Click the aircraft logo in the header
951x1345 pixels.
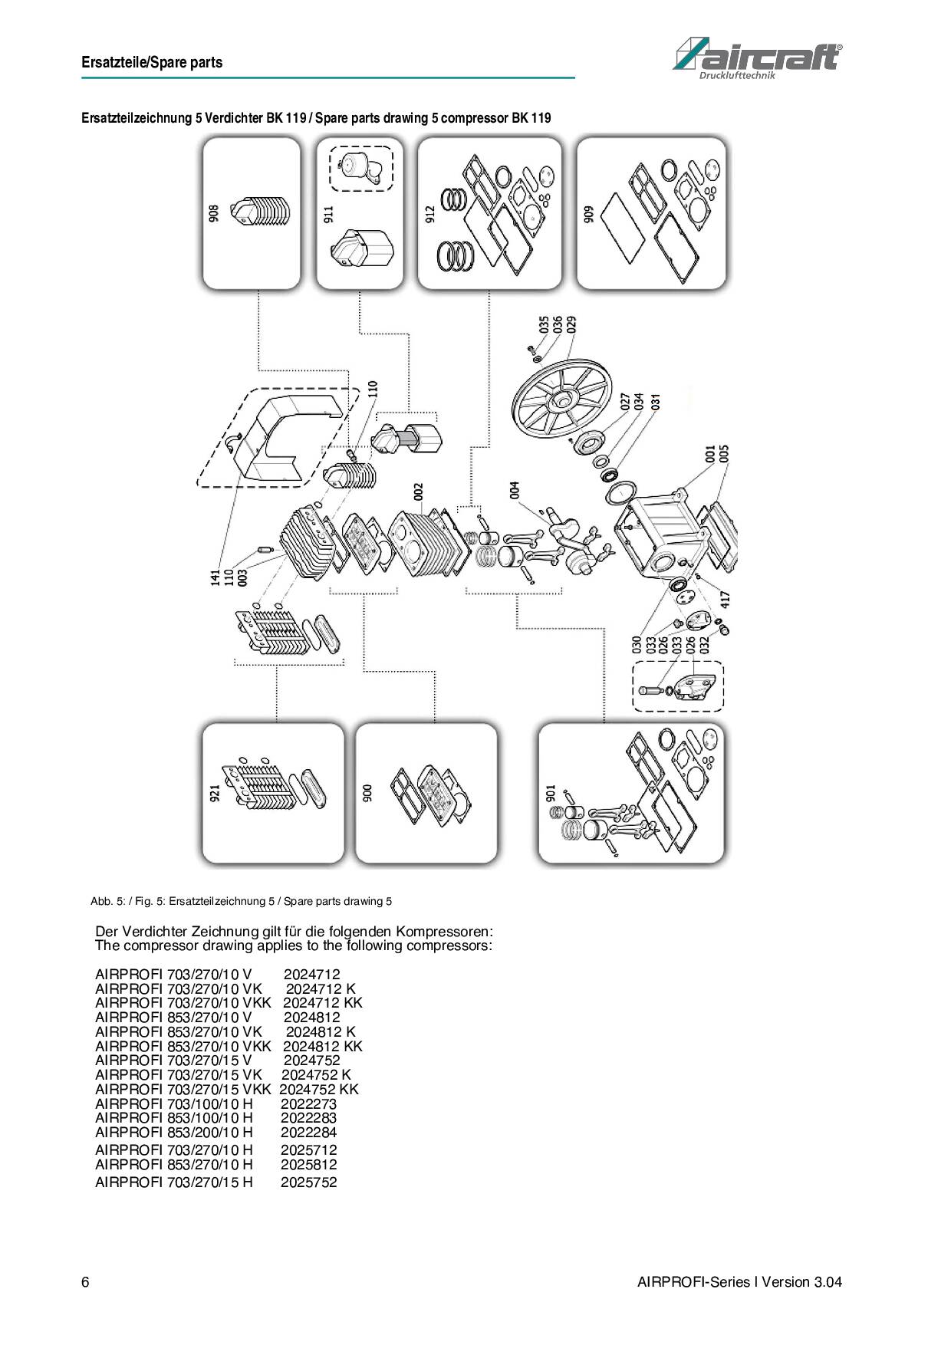[757, 58]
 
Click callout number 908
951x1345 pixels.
[214, 213]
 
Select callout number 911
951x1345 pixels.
[329, 214]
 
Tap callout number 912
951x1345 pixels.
[430, 214]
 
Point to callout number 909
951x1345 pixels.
[589, 214]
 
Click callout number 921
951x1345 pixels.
[215, 793]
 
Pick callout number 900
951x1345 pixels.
[367, 793]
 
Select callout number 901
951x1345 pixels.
[551, 793]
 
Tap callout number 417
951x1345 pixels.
[726, 598]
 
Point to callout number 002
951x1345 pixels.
[419, 492]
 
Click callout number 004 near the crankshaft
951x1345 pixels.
[515, 490]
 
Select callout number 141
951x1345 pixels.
[216, 577]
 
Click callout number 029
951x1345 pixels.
[571, 324]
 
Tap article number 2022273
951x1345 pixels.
[308, 1103]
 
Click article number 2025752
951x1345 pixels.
[308, 1182]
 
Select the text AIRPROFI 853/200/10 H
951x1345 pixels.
[173, 1132]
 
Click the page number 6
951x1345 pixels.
[85, 1282]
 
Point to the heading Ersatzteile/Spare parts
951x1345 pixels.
[152, 63]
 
